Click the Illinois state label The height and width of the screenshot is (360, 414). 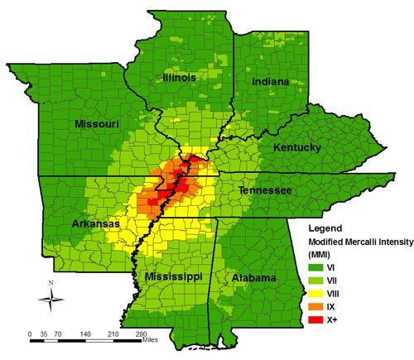click(x=179, y=77)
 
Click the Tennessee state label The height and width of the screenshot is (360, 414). click(x=265, y=191)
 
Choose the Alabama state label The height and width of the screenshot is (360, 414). click(x=254, y=278)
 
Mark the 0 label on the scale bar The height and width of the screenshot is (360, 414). click(x=31, y=334)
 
